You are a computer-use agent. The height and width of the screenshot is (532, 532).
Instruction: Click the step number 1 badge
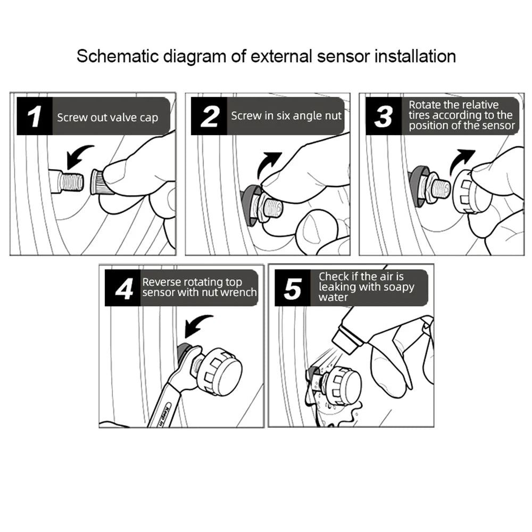click(x=35, y=116)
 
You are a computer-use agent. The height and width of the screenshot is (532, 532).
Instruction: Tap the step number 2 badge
click(x=209, y=116)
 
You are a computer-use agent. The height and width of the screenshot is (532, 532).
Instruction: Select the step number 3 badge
click(x=384, y=116)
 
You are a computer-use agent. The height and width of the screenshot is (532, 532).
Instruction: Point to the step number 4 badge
click(x=123, y=288)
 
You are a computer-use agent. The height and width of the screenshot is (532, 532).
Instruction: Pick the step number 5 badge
click(x=293, y=288)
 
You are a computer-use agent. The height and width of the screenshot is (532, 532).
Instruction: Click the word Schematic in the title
click(x=118, y=56)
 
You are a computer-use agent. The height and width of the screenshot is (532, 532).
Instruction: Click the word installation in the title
click(x=415, y=56)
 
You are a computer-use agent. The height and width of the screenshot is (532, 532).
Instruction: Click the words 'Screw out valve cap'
click(x=107, y=118)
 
